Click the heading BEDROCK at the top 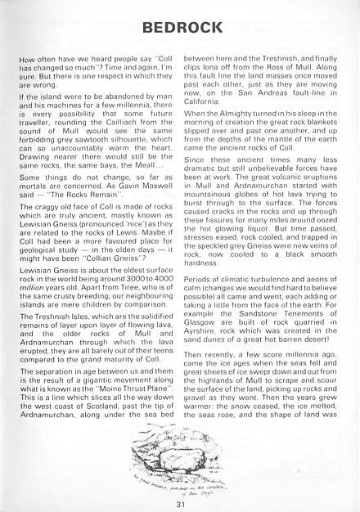click(179, 29)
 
